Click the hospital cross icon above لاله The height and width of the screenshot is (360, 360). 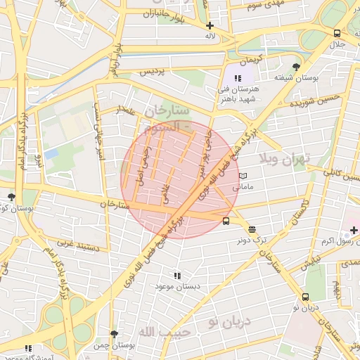pyautogui.click(x=210, y=25)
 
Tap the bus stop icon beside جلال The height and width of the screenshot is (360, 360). pyautogui.click(x=337, y=34)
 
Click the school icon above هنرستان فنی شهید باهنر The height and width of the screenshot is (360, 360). pyautogui.click(x=238, y=78)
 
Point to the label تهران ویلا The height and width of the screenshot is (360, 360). pyautogui.click(x=283, y=159)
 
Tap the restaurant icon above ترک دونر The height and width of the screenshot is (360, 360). pyautogui.click(x=252, y=229)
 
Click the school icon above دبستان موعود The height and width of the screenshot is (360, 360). pyautogui.click(x=177, y=276)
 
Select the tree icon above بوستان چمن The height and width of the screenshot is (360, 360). pyautogui.click(x=114, y=334)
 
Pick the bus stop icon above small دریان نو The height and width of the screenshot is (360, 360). pyautogui.click(x=306, y=296)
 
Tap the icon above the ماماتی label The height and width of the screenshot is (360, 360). pyautogui.click(x=243, y=176)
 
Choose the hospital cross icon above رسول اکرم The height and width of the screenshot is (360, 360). pyautogui.click(x=354, y=231)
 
